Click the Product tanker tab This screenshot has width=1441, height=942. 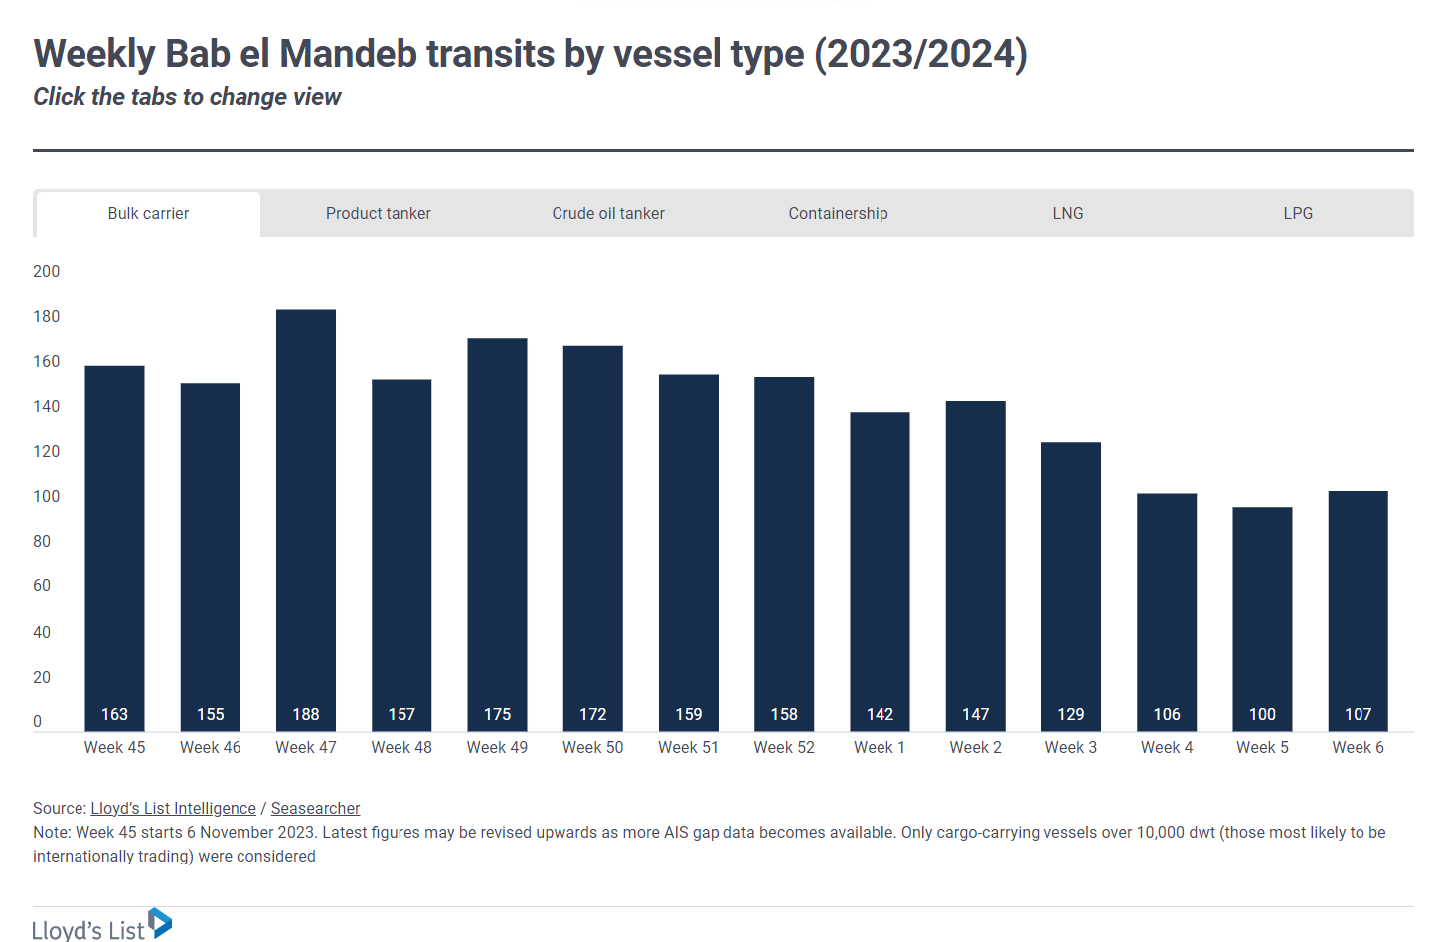click(x=378, y=214)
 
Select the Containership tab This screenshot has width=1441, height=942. click(x=838, y=214)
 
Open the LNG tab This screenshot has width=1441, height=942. click(x=1067, y=214)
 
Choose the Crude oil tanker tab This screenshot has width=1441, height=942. click(x=608, y=214)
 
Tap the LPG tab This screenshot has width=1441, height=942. click(x=1297, y=214)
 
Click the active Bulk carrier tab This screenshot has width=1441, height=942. click(x=148, y=214)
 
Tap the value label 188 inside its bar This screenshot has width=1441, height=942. click(x=306, y=714)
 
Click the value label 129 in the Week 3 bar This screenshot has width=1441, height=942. click(x=1071, y=714)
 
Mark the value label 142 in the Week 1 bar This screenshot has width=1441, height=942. click(x=880, y=714)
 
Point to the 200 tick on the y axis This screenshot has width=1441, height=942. click(x=46, y=272)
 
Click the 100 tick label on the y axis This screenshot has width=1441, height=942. click(x=46, y=497)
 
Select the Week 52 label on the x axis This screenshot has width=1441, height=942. click(x=784, y=748)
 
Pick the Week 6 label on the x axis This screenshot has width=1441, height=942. click(x=1358, y=748)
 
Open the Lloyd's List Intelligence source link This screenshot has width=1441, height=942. click(x=173, y=809)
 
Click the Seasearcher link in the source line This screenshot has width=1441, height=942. click(x=315, y=809)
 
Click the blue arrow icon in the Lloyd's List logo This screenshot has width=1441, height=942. click(x=160, y=923)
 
